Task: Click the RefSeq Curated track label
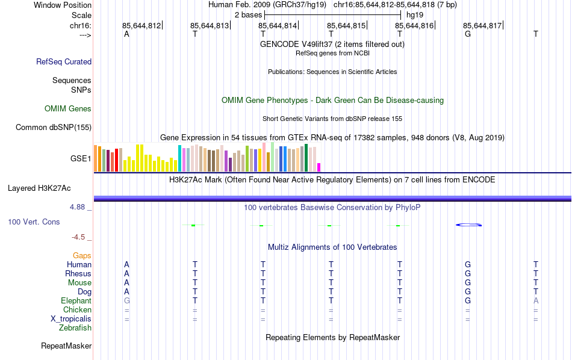(x=64, y=61)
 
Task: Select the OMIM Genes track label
(x=68, y=109)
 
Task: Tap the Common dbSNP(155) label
(x=54, y=127)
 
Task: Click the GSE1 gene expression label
(x=81, y=159)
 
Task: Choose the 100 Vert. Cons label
(x=34, y=222)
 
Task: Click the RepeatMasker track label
(x=66, y=346)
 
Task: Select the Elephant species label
(x=76, y=300)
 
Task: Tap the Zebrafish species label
(x=75, y=328)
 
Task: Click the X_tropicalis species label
(x=71, y=318)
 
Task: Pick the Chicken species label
(x=77, y=309)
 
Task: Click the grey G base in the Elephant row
(x=126, y=300)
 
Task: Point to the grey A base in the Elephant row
(x=536, y=300)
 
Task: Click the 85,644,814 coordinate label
(x=278, y=26)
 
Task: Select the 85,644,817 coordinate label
(x=482, y=26)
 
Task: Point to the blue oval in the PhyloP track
(x=468, y=225)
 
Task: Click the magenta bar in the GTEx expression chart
(x=319, y=167)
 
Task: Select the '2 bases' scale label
(x=247, y=14)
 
